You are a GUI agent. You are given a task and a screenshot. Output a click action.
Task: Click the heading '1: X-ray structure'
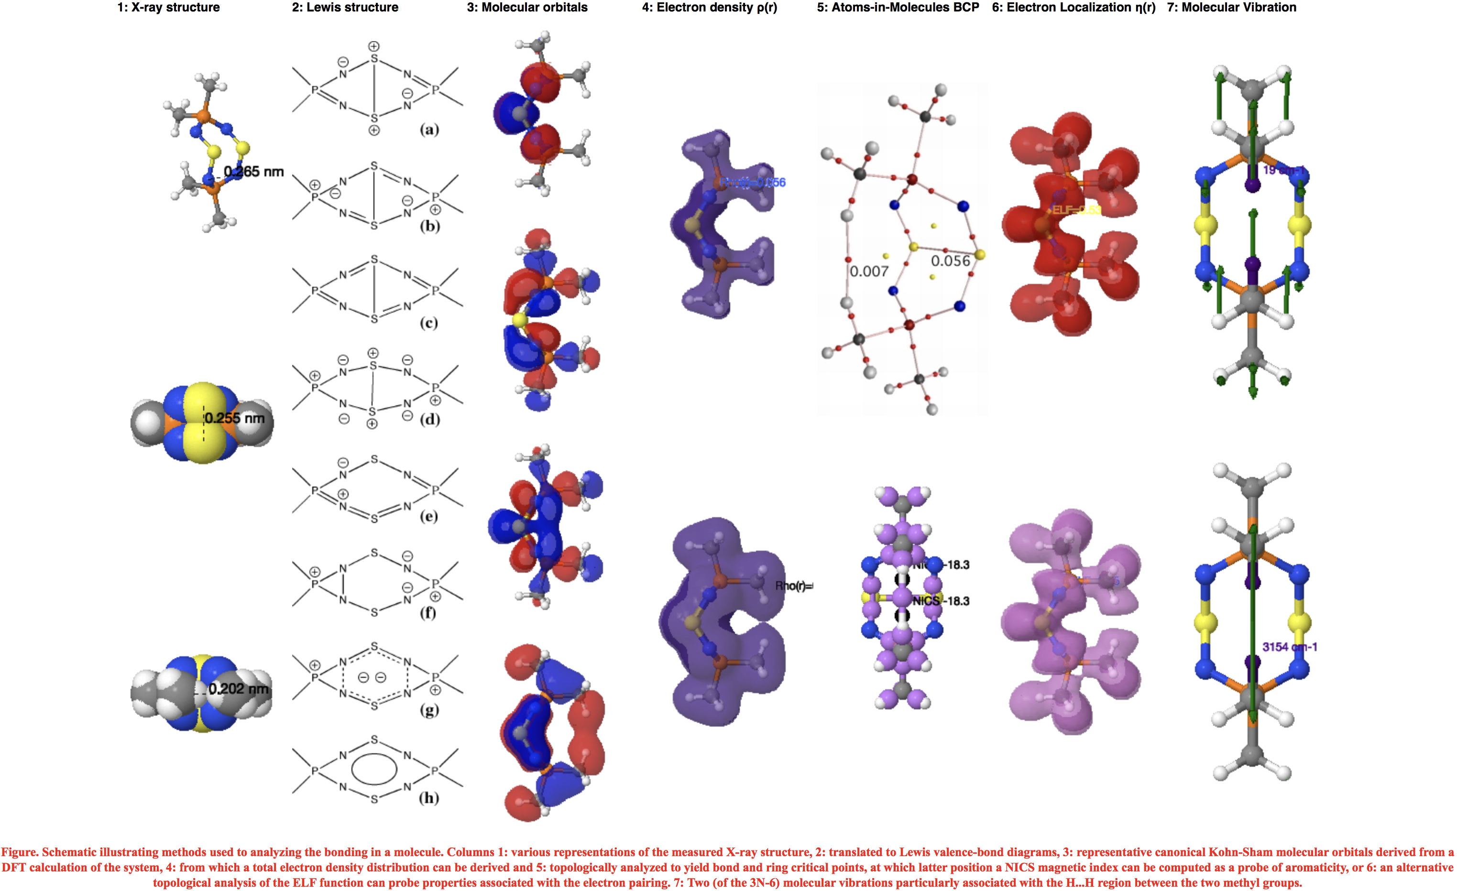tap(168, 8)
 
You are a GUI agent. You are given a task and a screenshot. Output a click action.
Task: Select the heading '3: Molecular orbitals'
tap(527, 8)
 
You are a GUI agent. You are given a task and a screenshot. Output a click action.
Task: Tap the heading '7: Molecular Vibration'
tap(1231, 8)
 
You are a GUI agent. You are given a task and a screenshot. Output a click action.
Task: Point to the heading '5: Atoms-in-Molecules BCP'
tap(898, 8)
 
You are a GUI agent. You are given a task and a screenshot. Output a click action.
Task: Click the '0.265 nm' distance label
tap(253, 172)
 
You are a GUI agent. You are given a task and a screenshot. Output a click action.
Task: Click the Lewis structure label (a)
tap(429, 130)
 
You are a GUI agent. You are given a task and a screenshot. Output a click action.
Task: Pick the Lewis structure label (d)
tap(429, 419)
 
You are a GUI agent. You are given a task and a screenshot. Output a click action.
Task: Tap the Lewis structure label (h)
tap(429, 798)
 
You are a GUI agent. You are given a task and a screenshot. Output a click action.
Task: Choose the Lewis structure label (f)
tap(428, 612)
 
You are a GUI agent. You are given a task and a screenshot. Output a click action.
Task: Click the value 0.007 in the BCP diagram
tap(869, 272)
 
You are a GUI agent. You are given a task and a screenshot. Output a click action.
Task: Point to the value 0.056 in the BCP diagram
tap(950, 261)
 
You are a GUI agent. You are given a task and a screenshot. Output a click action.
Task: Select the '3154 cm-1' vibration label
tap(1289, 647)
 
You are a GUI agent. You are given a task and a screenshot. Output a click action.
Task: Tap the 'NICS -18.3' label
tap(940, 601)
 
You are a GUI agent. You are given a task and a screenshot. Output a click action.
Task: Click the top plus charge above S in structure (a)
tap(374, 46)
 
